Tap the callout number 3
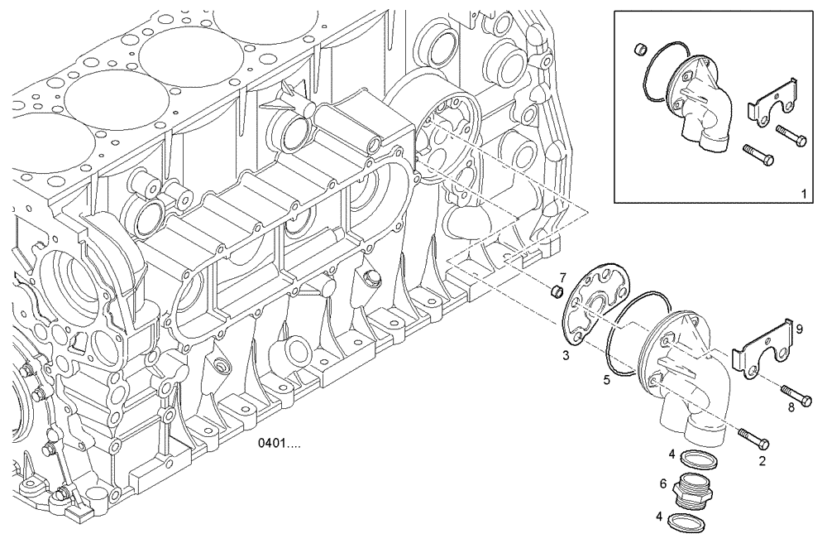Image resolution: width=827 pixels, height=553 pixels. coord(565,354)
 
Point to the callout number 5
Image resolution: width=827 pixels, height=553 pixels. coord(606,380)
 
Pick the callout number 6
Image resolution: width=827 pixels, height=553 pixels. coord(663,483)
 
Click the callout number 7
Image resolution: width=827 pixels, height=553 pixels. coord(562,276)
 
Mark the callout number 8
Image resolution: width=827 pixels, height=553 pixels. coord(791,406)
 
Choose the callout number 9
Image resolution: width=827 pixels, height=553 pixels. coord(799,329)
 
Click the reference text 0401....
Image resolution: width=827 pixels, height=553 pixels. coord(280,445)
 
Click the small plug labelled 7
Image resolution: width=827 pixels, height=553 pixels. coord(557,291)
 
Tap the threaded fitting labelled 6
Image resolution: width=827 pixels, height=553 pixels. coord(691,490)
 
